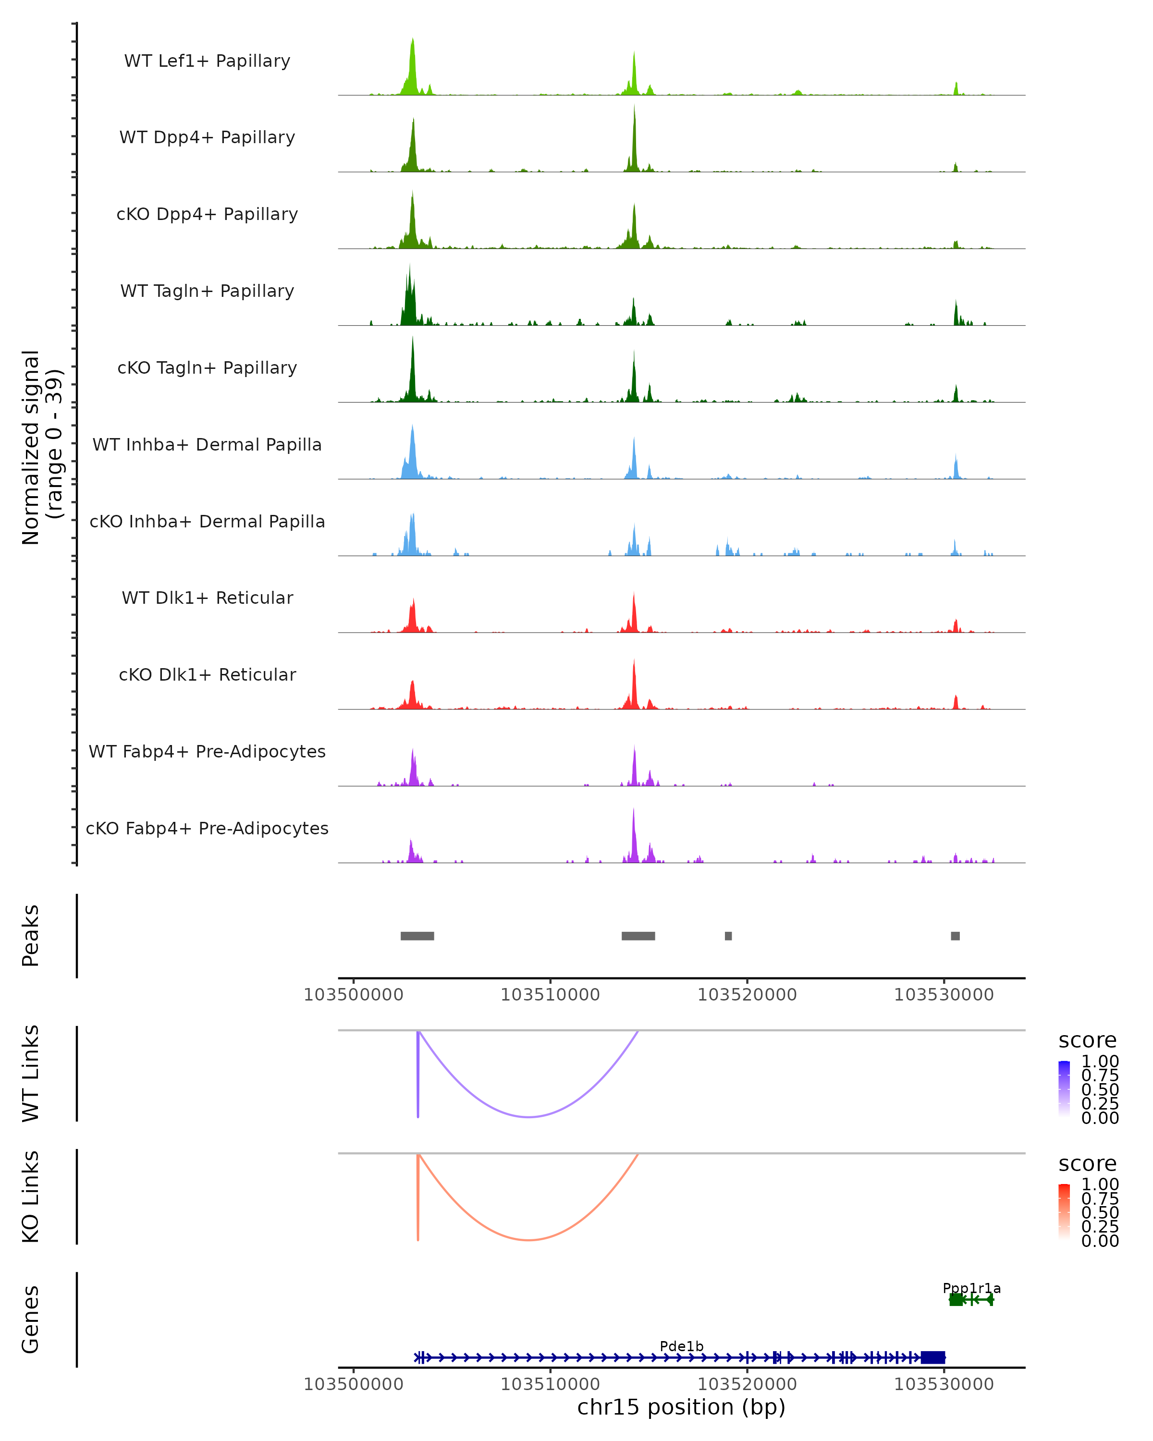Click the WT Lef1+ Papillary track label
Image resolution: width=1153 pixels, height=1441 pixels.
click(207, 61)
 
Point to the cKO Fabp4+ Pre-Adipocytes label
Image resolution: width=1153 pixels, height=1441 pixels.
click(207, 828)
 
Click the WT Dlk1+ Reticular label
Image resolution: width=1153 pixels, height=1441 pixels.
click(207, 598)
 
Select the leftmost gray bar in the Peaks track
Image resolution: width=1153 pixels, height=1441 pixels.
click(417, 936)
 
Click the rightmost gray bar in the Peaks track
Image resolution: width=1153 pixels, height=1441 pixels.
click(955, 936)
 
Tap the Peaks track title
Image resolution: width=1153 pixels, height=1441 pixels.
click(31, 936)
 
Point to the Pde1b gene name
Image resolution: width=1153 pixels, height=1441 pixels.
click(681, 1346)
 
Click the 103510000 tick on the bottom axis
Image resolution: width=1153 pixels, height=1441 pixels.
click(550, 1384)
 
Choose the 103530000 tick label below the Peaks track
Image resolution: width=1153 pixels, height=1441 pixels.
click(944, 995)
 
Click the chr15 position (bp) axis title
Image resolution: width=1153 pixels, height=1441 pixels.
click(681, 1407)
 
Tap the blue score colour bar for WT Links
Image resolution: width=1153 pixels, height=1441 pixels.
click(1064, 1089)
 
